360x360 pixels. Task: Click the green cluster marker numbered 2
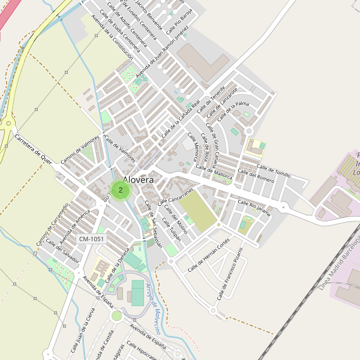tap(121, 190)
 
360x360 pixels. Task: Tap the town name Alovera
tap(138, 179)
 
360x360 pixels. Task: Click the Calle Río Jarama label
tap(254, 207)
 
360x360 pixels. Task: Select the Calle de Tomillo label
tap(274, 170)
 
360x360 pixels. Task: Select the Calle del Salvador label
tap(62, 251)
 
